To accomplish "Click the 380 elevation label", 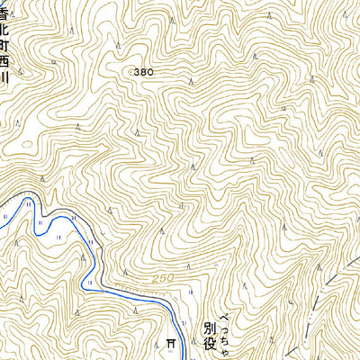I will point(143,70).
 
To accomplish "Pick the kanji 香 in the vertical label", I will point(6,13).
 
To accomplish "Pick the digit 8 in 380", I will point(144,70).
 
